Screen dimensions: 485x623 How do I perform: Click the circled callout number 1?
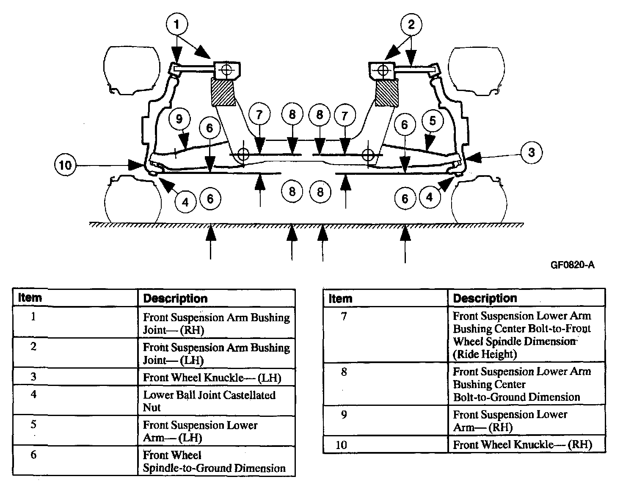176,25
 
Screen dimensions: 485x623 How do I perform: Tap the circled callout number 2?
411,25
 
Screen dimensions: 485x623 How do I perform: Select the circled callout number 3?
531,152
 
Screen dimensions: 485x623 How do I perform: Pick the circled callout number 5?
432,121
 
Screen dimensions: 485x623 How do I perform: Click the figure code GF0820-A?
572,265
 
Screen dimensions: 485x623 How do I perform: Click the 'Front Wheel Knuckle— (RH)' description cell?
522,445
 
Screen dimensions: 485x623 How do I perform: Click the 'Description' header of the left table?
175,298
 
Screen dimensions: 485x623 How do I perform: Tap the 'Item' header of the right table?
340,298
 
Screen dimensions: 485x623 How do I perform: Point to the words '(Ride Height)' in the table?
485,354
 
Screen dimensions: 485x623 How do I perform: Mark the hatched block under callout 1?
223,92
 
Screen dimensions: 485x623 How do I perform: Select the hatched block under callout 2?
387,92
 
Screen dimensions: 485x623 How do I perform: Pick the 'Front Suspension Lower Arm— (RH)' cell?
510,421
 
